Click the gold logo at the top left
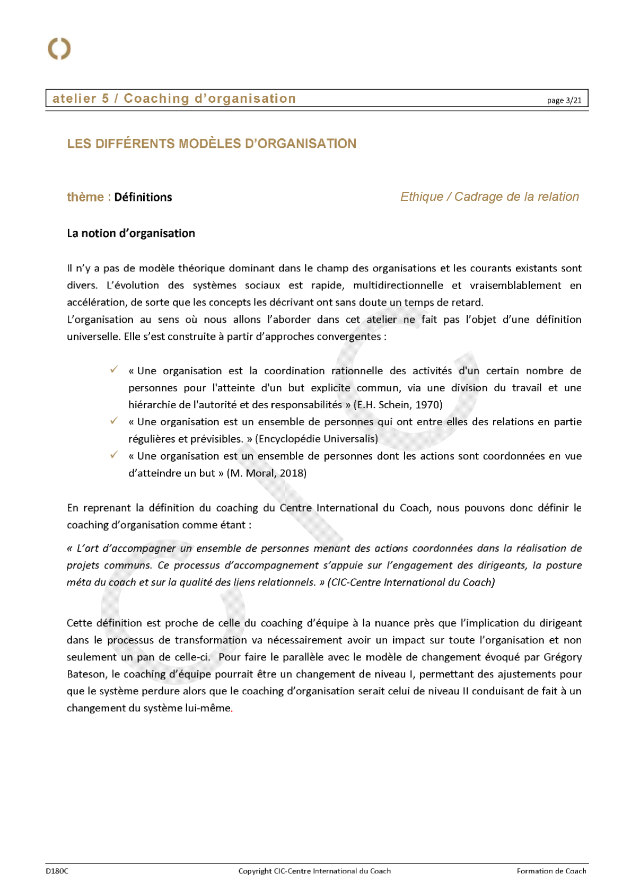click(x=59, y=49)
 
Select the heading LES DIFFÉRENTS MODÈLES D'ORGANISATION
click(x=212, y=144)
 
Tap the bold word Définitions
click(x=143, y=197)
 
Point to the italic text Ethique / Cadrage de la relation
click(x=489, y=197)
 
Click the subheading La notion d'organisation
click(x=131, y=233)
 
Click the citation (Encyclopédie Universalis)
click(x=317, y=439)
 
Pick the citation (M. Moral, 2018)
click(x=267, y=473)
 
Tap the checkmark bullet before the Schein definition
click(x=114, y=369)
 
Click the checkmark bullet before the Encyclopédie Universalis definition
click(x=114, y=421)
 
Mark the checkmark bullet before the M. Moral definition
click(x=114, y=455)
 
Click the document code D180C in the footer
click(x=57, y=871)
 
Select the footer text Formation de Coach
click(x=551, y=871)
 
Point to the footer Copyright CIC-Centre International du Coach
click(x=314, y=871)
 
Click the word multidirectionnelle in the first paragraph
click(x=398, y=286)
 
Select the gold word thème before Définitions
click(x=85, y=197)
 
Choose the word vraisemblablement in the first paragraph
click(x=515, y=286)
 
